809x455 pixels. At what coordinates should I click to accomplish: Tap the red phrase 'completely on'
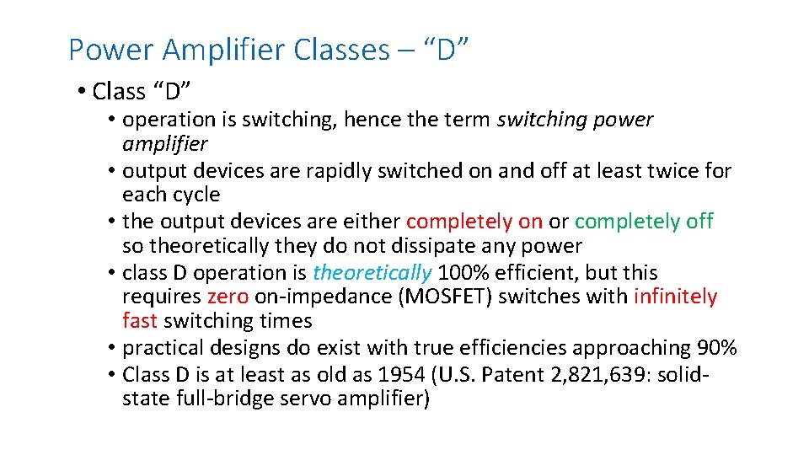(474, 222)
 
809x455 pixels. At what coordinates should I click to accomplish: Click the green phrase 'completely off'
(644, 222)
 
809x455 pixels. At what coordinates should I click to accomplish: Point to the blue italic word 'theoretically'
(372, 273)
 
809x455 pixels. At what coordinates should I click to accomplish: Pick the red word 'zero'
(228, 297)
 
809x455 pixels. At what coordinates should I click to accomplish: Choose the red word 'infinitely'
(675, 297)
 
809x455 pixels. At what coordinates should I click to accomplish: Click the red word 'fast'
(140, 321)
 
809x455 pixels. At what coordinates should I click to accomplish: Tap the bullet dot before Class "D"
(81, 91)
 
